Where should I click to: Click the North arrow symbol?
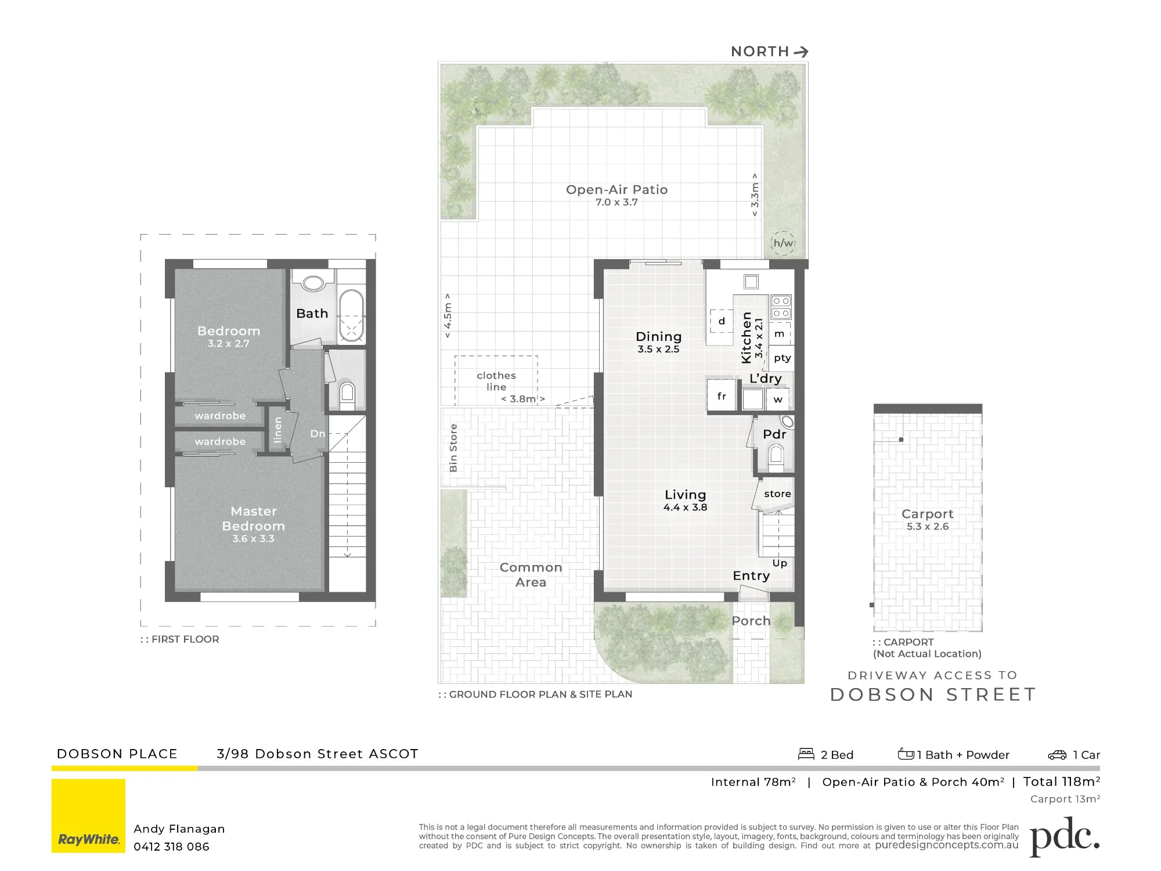[x=802, y=52]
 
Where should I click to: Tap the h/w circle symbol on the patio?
[x=783, y=243]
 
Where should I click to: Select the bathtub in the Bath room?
[x=351, y=315]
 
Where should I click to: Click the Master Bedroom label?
[x=254, y=519]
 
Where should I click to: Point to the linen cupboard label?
[x=277, y=430]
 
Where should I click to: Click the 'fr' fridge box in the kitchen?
[x=722, y=396]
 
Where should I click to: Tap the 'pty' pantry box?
[x=782, y=358]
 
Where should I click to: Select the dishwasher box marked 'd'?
[x=722, y=321]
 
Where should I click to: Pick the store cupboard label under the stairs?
[x=777, y=494]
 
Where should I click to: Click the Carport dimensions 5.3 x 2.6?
[x=928, y=527]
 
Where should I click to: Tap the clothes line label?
[x=496, y=381]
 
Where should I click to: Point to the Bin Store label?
[x=453, y=447]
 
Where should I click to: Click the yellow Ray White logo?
[x=88, y=816]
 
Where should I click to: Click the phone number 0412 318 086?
[x=171, y=847]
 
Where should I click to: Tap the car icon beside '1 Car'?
[x=1057, y=755]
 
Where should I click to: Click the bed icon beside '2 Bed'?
[x=806, y=754]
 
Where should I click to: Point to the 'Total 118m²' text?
[x=1061, y=782]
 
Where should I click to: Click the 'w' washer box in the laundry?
[x=778, y=399]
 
